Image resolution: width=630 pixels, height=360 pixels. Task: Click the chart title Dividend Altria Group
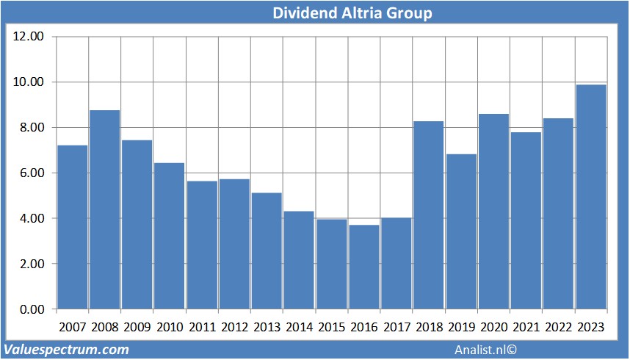pyautogui.click(x=352, y=12)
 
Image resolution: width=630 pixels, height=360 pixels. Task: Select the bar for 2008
pyautogui.click(x=105, y=209)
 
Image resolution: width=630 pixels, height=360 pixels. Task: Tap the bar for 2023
pyautogui.click(x=590, y=197)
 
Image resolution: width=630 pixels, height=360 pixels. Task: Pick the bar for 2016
pyautogui.click(x=364, y=267)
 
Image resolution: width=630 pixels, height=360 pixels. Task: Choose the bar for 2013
pyautogui.click(x=267, y=251)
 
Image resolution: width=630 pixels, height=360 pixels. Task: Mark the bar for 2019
pyautogui.click(x=461, y=231)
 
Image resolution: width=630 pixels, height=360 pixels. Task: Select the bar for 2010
pyautogui.click(x=170, y=236)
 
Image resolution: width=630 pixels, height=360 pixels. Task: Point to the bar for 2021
pyautogui.click(x=526, y=220)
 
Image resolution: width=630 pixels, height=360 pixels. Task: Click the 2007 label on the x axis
pyautogui.click(x=73, y=327)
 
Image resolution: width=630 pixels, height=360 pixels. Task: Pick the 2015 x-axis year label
pyautogui.click(x=332, y=327)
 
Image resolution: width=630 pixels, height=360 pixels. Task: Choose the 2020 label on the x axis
pyautogui.click(x=493, y=327)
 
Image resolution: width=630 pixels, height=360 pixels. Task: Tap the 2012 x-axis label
pyautogui.click(x=234, y=327)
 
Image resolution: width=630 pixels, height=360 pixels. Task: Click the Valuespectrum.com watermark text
pyautogui.click(x=66, y=350)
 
